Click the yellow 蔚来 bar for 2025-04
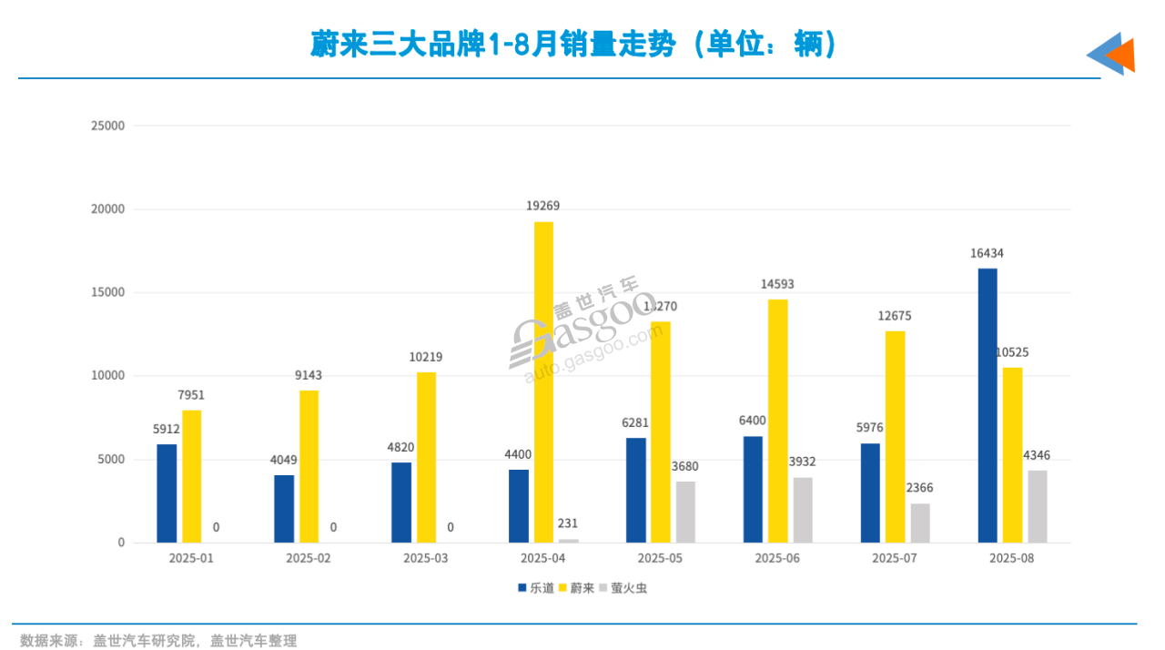coord(543,382)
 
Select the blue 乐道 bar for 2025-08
coord(988,405)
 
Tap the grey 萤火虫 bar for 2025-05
coord(685,512)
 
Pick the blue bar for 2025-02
coord(284,509)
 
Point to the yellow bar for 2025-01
coord(192,476)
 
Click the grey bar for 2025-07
coord(920,523)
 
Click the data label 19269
coord(543,207)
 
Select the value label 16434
coord(987,254)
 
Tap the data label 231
coord(568,523)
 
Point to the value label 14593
coord(778,284)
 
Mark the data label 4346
coord(1037,455)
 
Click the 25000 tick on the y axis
coord(107,126)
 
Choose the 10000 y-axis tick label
coord(107,376)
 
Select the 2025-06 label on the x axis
coord(777,557)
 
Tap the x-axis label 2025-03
coord(425,557)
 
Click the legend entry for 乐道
coord(536,588)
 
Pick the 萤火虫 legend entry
coord(623,588)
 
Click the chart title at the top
coord(573,45)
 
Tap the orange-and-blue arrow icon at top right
coord(1111,55)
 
